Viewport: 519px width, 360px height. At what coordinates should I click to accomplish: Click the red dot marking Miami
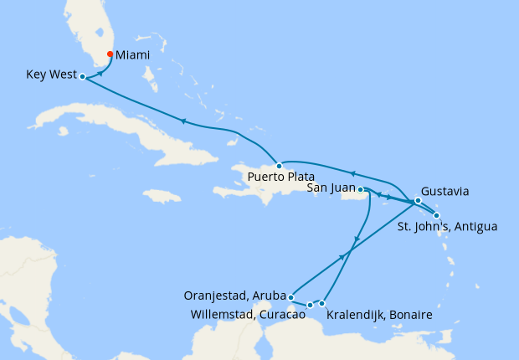(x=110, y=55)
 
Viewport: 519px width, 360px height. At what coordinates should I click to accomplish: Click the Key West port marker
(x=82, y=76)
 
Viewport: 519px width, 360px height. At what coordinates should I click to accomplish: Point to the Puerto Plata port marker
(x=279, y=166)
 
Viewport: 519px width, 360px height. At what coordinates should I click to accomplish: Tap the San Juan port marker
(x=361, y=190)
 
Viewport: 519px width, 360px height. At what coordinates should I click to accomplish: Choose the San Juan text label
(x=331, y=188)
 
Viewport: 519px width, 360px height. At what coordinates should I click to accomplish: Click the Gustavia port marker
(x=417, y=201)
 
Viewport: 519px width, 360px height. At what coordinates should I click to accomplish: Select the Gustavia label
(x=445, y=191)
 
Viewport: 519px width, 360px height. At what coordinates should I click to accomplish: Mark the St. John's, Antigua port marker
(x=436, y=215)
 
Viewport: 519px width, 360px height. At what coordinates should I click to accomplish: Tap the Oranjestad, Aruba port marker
(x=290, y=296)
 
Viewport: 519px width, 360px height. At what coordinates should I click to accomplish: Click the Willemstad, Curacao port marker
(x=310, y=305)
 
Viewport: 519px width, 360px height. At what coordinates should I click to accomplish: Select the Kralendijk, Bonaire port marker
(x=322, y=302)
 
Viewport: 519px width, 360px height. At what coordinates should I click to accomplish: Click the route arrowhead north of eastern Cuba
(x=181, y=121)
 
